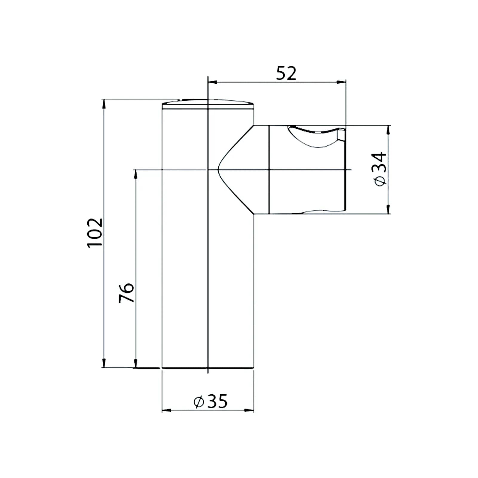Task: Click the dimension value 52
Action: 286,73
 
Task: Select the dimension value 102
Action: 95,232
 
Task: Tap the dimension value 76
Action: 126,293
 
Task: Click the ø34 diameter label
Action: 380,169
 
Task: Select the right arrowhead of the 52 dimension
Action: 341,82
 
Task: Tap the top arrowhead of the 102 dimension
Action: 104,104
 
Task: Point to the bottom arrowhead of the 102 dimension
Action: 104,363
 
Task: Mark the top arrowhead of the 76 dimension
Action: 136,174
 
